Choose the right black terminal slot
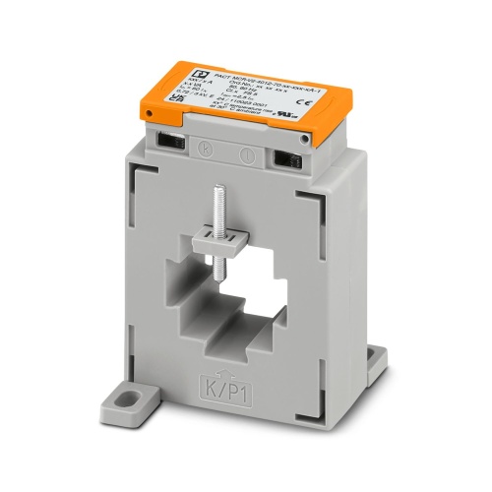coord(286,157)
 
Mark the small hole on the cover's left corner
coord(150,115)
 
